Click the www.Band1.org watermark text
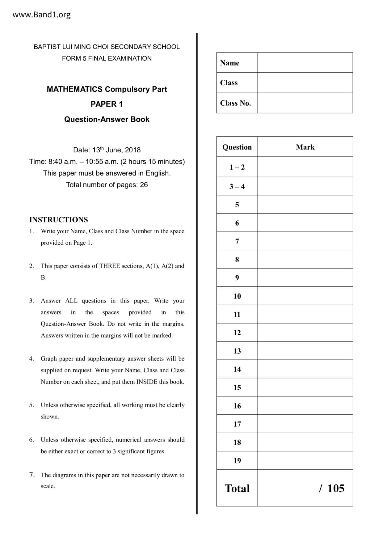point(41,15)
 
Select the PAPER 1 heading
point(107,104)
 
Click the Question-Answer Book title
point(107,120)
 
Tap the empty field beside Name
point(305,63)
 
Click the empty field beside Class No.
point(305,103)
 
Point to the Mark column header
point(305,147)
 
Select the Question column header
point(237,147)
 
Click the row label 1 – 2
point(237,167)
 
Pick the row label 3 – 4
point(237,186)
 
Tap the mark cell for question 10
point(305,296)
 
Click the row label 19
point(237,460)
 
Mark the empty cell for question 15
point(305,387)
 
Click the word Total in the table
point(237,488)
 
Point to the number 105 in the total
point(335,488)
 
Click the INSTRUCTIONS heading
point(58,220)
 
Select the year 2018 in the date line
point(133,150)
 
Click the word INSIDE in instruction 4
point(147,382)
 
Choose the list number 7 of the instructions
point(32,475)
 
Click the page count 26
point(144,185)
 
